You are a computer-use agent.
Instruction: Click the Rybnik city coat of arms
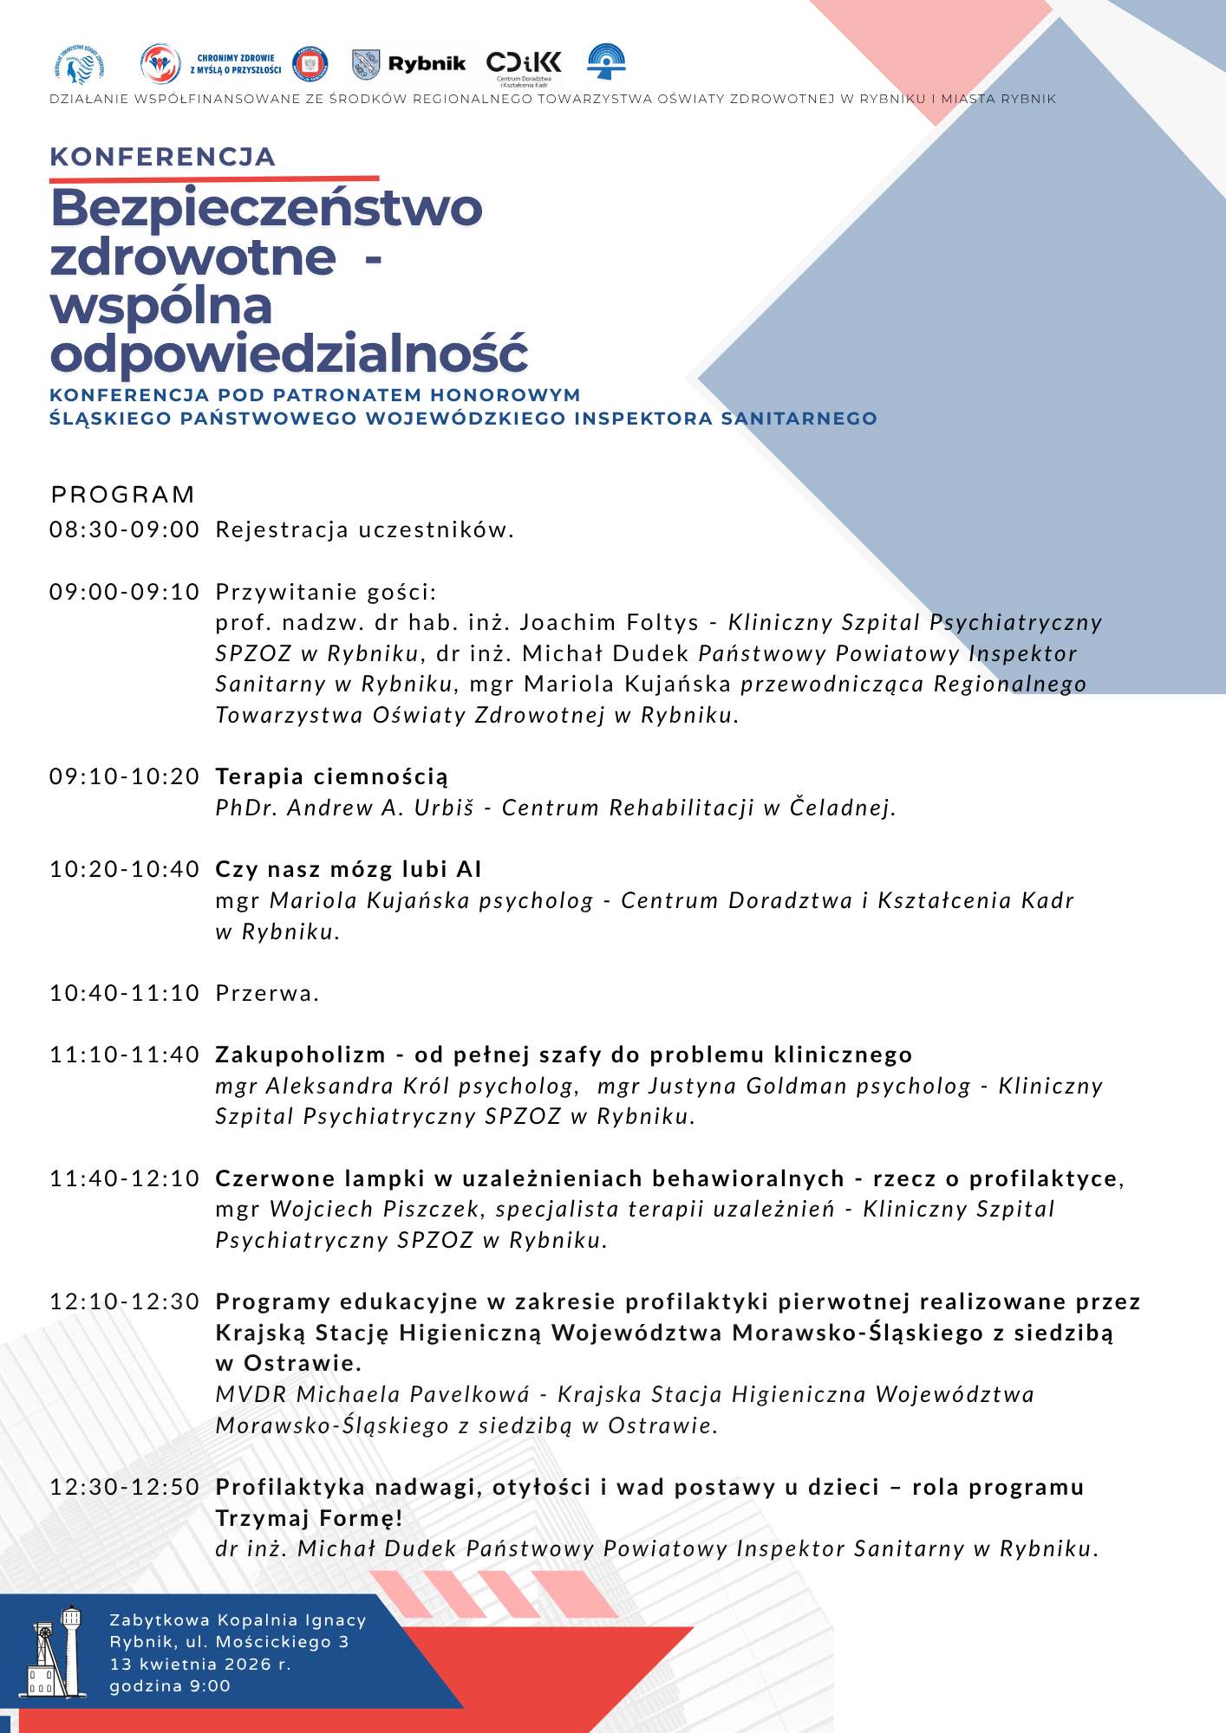(x=366, y=64)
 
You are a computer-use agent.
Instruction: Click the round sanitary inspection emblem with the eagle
(x=310, y=63)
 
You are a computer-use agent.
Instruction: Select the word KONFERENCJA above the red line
(x=162, y=157)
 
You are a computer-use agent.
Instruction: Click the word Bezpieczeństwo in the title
(x=266, y=208)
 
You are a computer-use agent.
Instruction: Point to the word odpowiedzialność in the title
(x=289, y=354)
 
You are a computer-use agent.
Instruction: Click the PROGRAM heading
(x=122, y=495)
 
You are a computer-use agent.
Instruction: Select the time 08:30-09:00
(x=124, y=529)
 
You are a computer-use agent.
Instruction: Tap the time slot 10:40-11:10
(x=124, y=993)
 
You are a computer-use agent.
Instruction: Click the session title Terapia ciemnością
(x=332, y=776)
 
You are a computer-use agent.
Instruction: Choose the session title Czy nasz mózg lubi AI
(x=349, y=869)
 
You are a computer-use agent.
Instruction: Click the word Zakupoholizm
(x=300, y=1055)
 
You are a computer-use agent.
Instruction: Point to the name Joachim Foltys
(x=609, y=622)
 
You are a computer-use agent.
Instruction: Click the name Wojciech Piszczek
(x=375, y=1209)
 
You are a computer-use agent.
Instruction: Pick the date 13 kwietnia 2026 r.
(x=200, y=1664)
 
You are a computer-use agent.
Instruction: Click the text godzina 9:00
(x=170, y=1686)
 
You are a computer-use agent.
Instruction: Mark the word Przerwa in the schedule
(x=266, y=993)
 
